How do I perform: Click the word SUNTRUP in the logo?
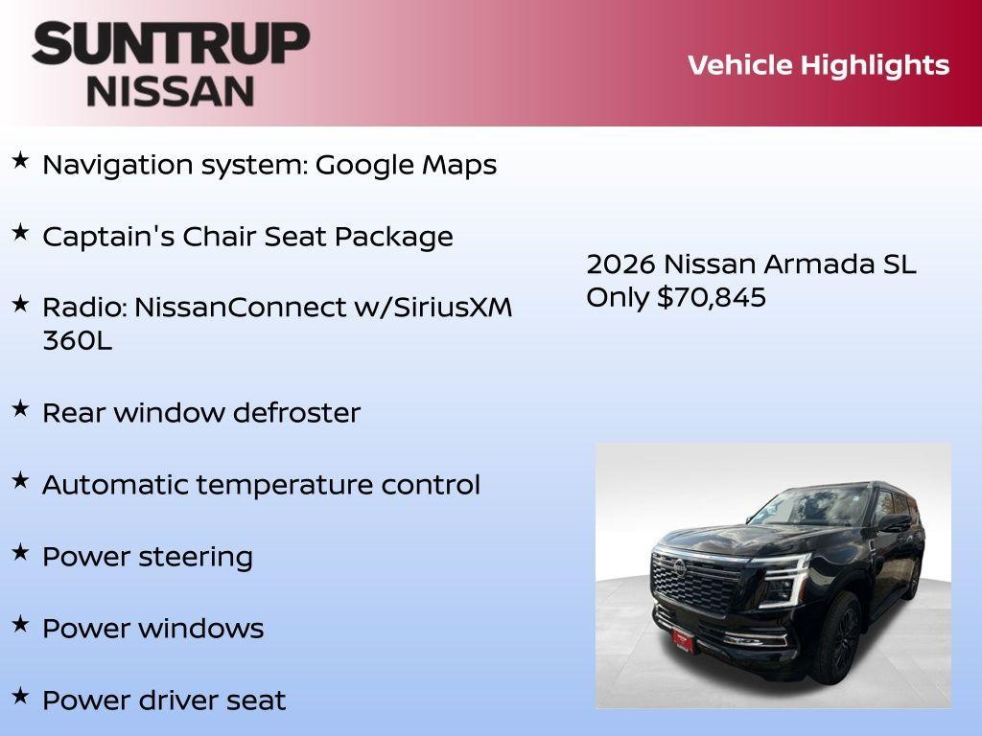171,43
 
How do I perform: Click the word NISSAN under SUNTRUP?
171,90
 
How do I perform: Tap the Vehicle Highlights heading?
818,65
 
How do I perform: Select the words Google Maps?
406,165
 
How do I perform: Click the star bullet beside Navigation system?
20,161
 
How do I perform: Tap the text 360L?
77,341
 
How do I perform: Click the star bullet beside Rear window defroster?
20,409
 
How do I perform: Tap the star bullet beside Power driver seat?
20,696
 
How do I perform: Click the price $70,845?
712,297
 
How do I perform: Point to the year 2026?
620,264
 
